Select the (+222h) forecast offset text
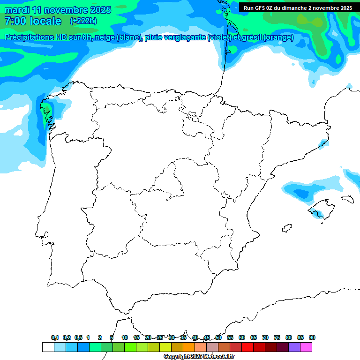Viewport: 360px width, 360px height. pos(83,21)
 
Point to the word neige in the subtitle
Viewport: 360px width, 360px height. pos(105,37)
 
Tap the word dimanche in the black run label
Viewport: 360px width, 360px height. pos(292,8)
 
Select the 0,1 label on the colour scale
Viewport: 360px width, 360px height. pos(55,337)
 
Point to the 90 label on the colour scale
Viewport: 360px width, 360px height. pos(312,337)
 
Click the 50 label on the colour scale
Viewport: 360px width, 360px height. pos(218,337)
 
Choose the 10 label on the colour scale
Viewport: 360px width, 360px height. pos(125,337)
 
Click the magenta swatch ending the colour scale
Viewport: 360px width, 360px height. pos(306,347)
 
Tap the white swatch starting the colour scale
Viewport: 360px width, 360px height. pos(48,347)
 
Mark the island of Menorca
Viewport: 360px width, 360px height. pos(347,199)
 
